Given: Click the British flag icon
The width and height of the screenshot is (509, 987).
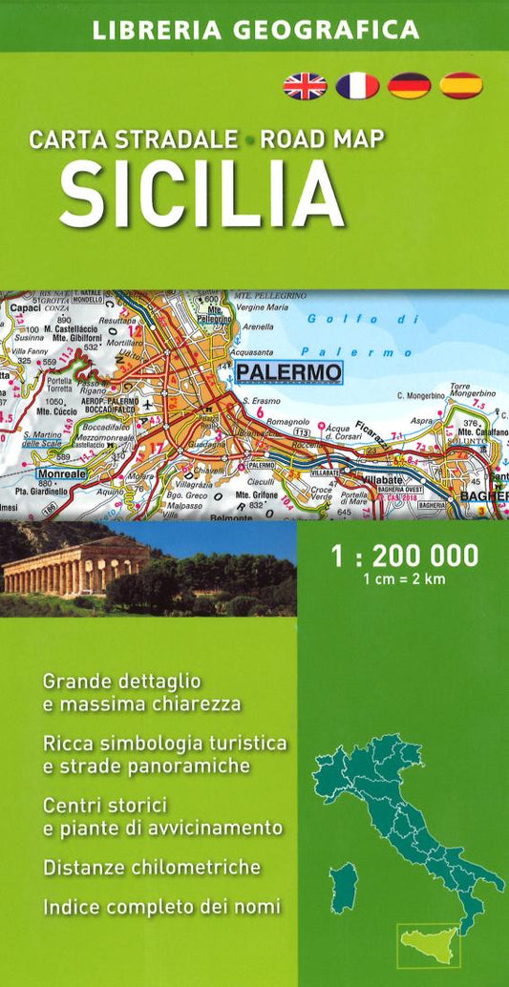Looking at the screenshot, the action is tap(305, 86).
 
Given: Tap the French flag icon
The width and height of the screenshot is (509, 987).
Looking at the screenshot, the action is tap(357, 86).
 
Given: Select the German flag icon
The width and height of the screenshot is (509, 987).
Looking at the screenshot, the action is tap(409, 86).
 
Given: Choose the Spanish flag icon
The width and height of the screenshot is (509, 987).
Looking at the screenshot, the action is tap(461, 86).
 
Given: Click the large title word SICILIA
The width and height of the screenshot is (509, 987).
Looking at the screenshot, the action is tap(201, 194).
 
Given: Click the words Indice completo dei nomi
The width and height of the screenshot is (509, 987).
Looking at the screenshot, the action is tap(161, 907).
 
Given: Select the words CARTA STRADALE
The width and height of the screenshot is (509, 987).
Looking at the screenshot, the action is tap(134, 139).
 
